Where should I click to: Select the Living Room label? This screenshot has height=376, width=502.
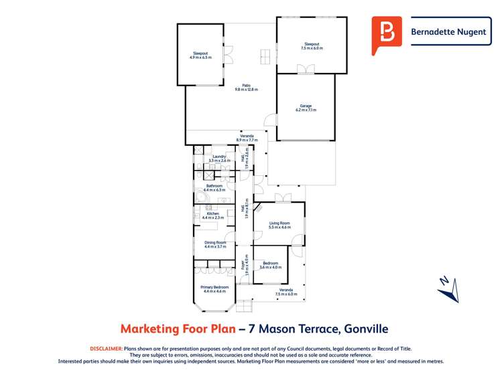coord(279,225)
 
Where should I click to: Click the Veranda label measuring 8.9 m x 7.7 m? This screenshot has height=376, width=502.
coord(247,138)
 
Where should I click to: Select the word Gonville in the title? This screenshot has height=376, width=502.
coord(366,328)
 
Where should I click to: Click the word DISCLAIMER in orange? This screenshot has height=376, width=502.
coord(106,349)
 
